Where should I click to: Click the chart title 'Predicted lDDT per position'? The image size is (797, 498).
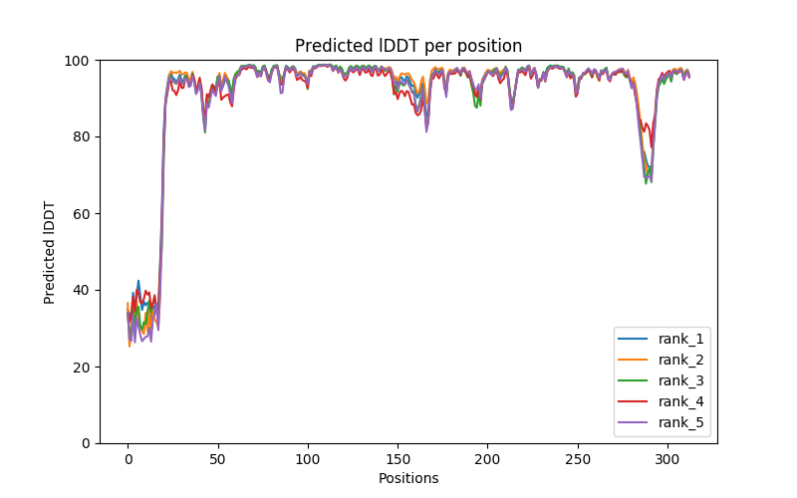407,46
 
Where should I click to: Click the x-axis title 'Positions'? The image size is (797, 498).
407,478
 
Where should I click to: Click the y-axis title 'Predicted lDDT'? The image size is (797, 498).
50,252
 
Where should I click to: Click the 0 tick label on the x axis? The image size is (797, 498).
128,459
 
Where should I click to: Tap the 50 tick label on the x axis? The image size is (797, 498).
217,459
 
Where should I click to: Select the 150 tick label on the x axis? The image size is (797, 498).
398,459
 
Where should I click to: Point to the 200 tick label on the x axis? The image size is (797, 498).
487,459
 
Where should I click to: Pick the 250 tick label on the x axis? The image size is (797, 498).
577,459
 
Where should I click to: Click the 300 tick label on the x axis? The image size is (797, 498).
667,459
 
